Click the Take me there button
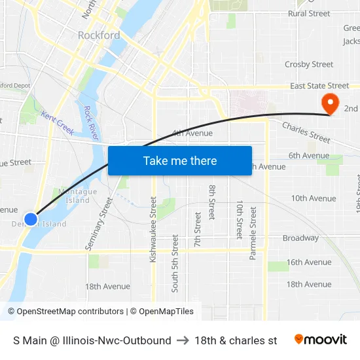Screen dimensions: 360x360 [180, 160]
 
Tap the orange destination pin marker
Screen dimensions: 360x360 [329, 103]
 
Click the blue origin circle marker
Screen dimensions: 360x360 [31, 219]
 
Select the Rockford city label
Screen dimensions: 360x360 [99, 35]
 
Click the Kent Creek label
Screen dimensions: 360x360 [58, 122]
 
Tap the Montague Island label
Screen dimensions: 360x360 [78, 196]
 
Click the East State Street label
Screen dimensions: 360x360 [319, 86]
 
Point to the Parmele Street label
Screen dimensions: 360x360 [253, 234]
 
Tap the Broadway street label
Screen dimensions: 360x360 [300, 238]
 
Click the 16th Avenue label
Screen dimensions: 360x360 [308, 262]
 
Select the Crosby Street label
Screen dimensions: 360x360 [309, 65]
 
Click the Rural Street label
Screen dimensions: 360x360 [309, 13]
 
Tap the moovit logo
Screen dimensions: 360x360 [321, 339]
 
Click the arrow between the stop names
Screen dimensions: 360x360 [183, 340]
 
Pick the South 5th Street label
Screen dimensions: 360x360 [175, 263]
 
